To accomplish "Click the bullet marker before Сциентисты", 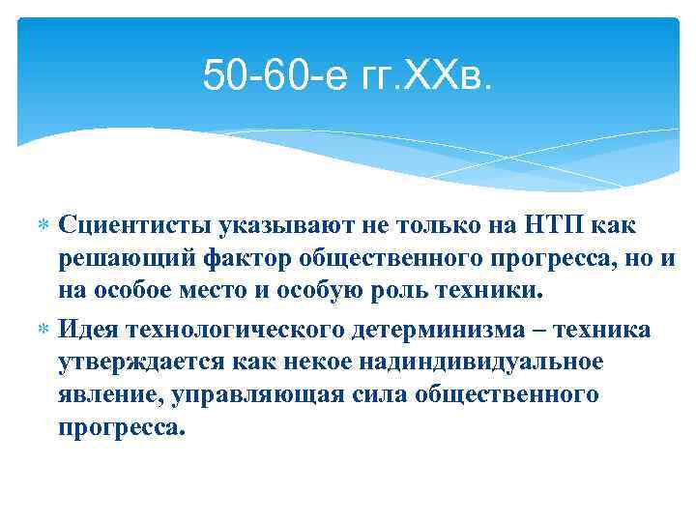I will pos(43,226).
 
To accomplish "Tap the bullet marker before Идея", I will pos(43,331).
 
